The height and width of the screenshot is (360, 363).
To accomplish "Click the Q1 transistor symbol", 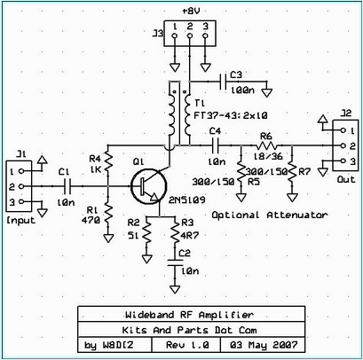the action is pyautogui.click(x=149, y=186).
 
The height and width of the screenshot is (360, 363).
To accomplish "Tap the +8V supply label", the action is pyautogui.click(x=190, y=12).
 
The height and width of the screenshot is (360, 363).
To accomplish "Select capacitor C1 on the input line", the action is pyautogui.click(x=68, y=186).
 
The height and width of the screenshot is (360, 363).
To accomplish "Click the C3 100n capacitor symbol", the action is pyautogui.click(x=223, y=82).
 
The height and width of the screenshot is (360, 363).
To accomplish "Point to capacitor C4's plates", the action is pyautogui.click(x=215, y=145).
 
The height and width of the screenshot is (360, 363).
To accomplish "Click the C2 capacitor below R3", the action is pyautogui.click(x=175, y=262).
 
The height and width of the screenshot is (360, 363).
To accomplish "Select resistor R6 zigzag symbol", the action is pyautogui.click(x=265, y=145).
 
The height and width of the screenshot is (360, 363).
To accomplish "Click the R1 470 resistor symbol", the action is pyautogui.click(x=108, y=213).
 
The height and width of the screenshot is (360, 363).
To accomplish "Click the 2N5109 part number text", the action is pyautogui.click(x=187, y=200).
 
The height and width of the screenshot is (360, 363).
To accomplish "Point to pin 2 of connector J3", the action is pyautogui.click(x=190, y=35).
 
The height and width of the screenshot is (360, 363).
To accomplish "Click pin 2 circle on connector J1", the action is pyautogui.click(x=21, y=186).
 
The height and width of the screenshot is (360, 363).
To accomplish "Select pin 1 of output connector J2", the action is pyautogui.click(x=343, y=130).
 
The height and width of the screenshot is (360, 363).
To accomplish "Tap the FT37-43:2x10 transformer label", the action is pyautogui.click(x=231, y=115).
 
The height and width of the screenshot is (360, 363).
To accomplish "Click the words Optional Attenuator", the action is pyautogui.click(x=270, y=215).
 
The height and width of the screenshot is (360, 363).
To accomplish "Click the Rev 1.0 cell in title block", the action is pyautogui.click(x=186, y=345).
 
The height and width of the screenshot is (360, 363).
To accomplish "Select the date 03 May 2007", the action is pyautogui.click(x=264, y=345).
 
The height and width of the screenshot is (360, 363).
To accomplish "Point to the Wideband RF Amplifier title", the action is pyautogui.click(x=189, y=315).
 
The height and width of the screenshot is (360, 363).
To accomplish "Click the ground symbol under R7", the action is pyautogui.click(x=292, y=197).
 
